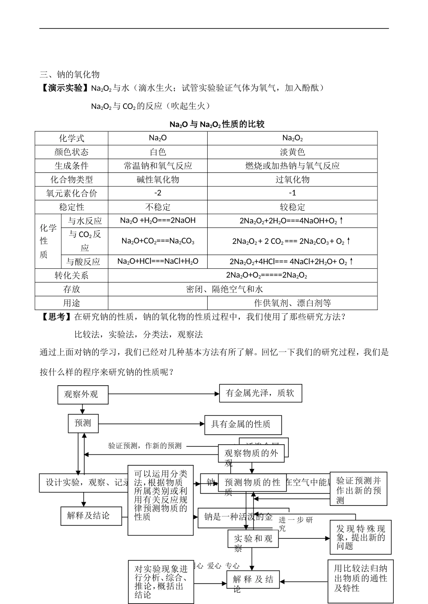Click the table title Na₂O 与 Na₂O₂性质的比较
pos(217,124)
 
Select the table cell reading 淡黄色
pos(292,152)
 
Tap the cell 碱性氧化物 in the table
pos(158,180)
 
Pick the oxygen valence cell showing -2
pos(158,193)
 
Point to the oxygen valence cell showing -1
pos(292,193)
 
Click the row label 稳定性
pos(72,207)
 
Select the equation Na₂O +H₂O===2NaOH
pos(158,221)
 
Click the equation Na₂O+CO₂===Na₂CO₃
pos(158,241)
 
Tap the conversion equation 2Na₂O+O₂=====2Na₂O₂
pos(267,275)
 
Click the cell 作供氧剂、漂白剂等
pos(292,303)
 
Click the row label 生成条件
pos(72,166)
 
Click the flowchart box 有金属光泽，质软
pos(260,393)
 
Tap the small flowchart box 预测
pos(83,423)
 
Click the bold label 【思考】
pos(56,317)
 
